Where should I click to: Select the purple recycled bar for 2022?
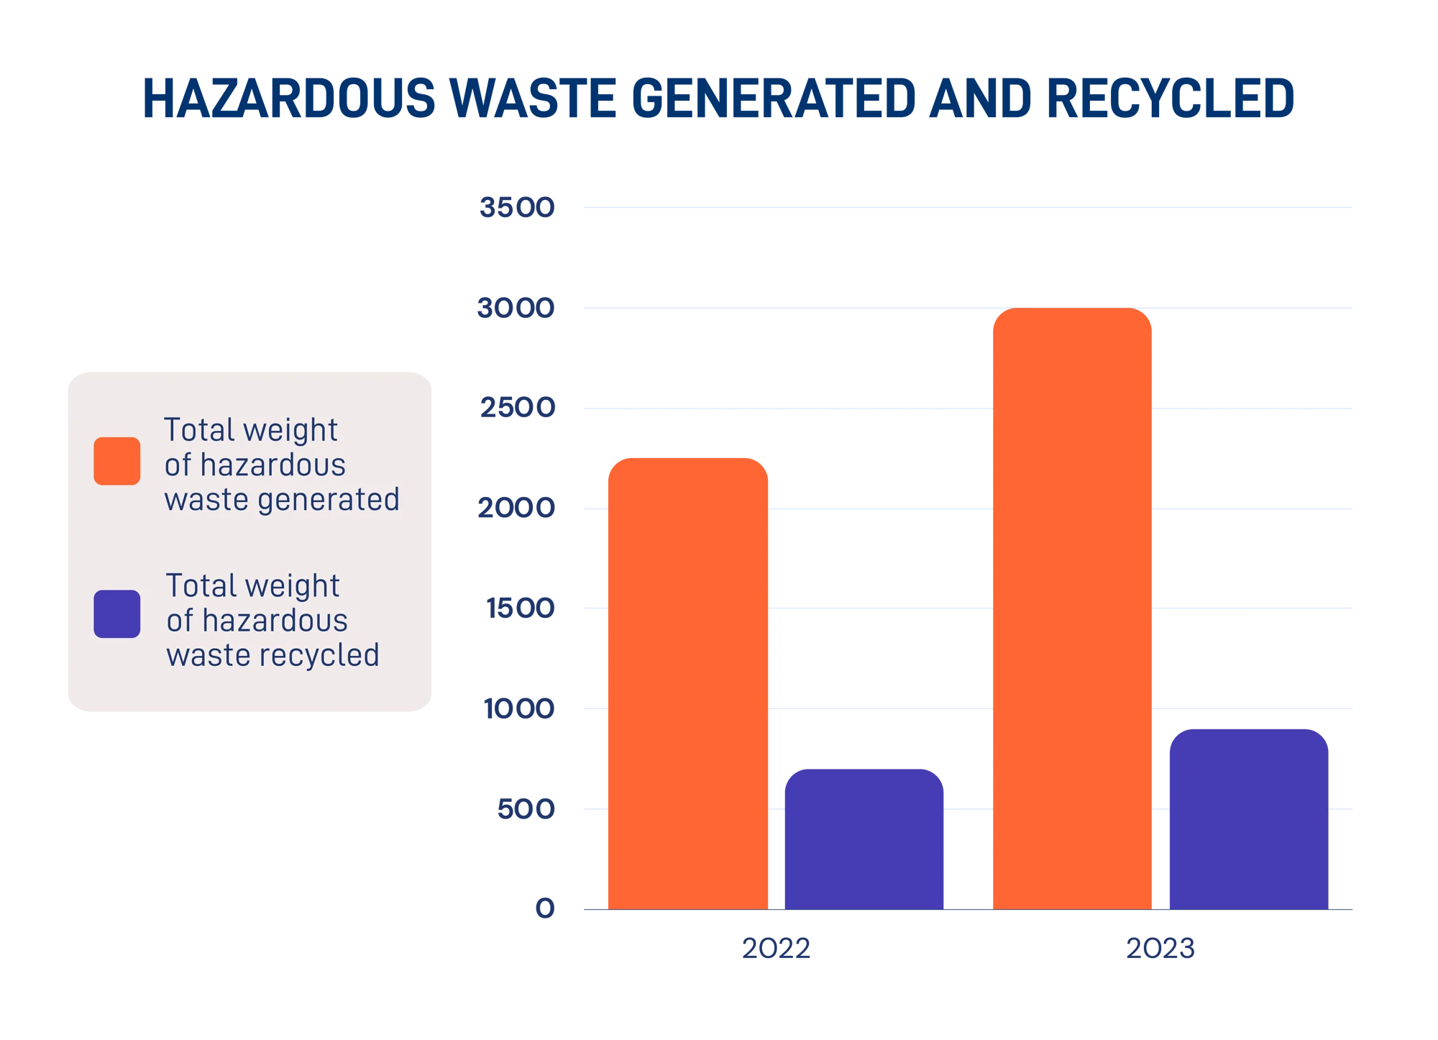(864, 838)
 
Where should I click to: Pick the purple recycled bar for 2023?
(1248, 818)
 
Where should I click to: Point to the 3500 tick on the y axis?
(517, 209)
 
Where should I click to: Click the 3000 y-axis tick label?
(517, 309)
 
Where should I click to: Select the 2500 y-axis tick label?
(517, 409)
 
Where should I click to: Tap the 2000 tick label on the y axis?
(517, 508)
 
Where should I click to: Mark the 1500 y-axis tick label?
(521, 608)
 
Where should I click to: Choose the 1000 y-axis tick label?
(519, 710)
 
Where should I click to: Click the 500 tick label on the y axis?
(526, 810)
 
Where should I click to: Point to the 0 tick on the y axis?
(546, 909)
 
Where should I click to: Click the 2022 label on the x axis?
(776, 949)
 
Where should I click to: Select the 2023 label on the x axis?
(1159, 949)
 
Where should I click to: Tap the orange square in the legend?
(117, 461)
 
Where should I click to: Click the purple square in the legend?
(117, 614)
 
